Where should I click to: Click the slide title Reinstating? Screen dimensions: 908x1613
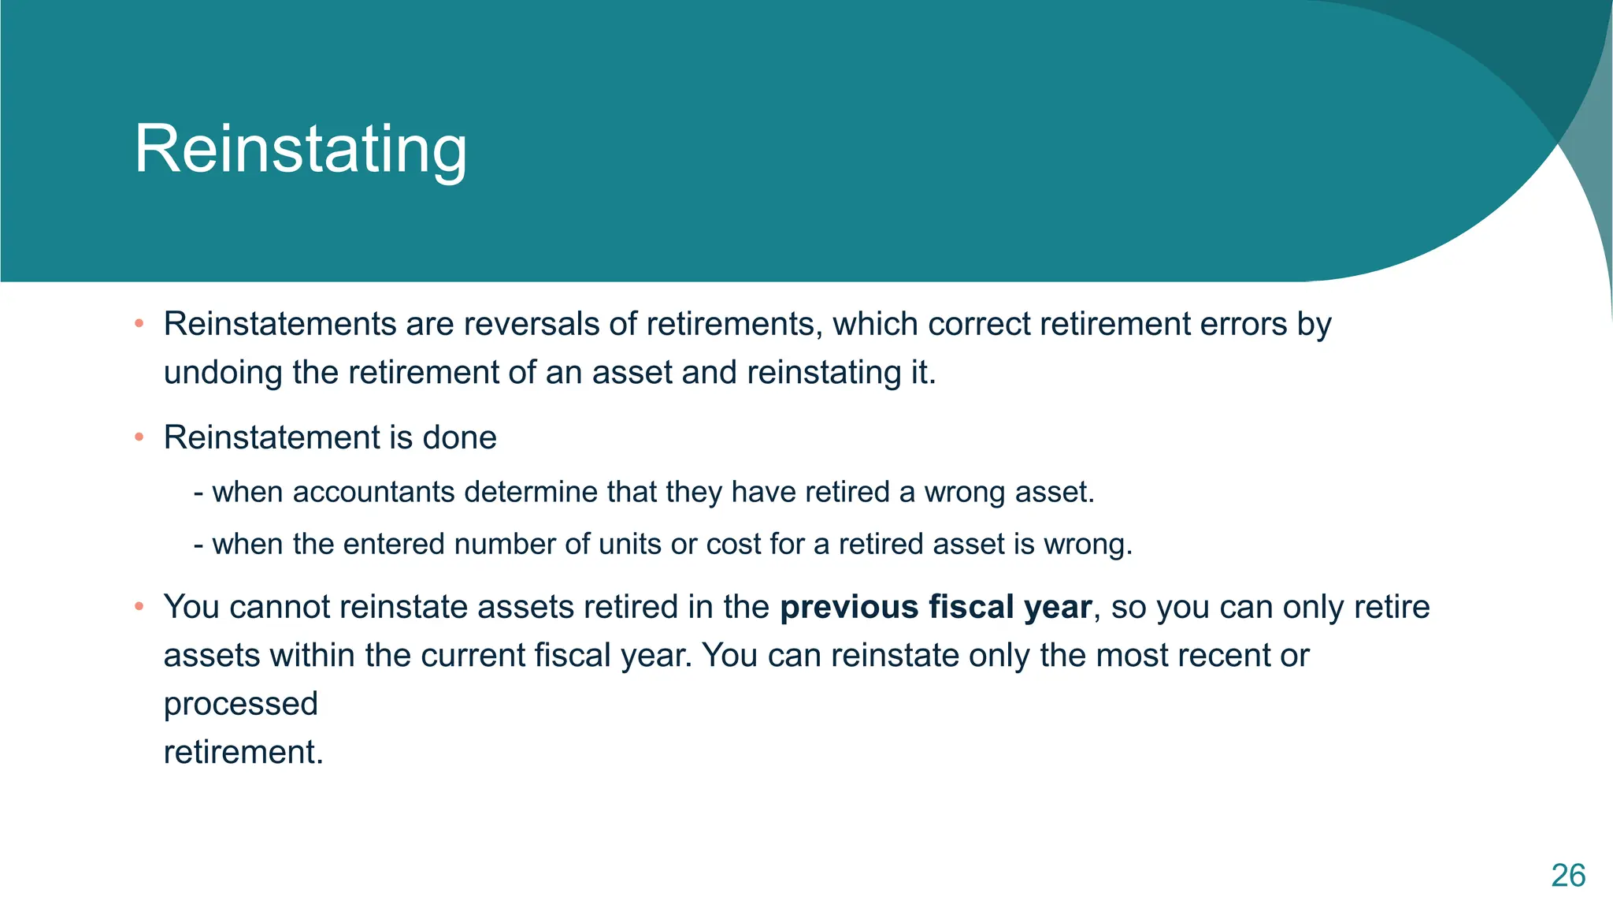(301, 150)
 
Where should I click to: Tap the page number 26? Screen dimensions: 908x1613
(1567, 876)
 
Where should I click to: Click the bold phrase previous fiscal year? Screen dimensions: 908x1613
(936, 608)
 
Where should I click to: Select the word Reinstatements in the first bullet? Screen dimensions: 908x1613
(280, 325)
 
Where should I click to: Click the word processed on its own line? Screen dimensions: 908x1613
(240, 704)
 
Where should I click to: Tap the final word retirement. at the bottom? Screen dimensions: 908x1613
(243, 752)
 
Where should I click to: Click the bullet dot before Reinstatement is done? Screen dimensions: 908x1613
(139, 437)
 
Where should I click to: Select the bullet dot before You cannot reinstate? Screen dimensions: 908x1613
(139, 607)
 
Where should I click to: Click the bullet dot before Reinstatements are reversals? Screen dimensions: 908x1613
(139, 324)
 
